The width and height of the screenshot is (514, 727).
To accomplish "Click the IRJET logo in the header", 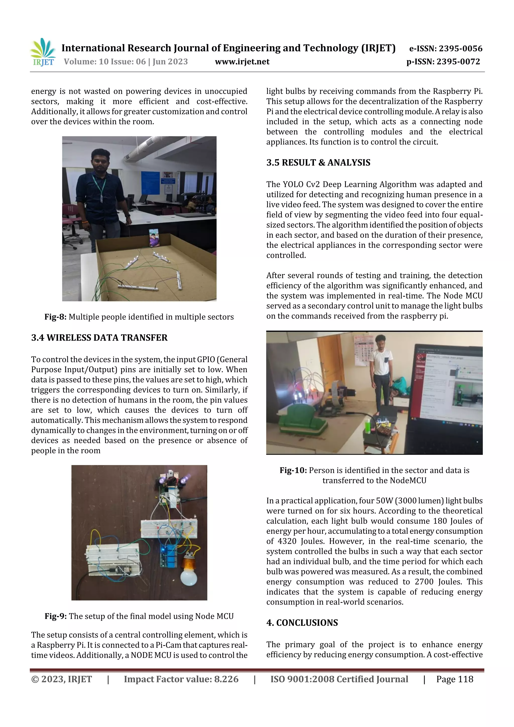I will (43, 52).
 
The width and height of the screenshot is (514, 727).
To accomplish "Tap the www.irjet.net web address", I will (242, 61).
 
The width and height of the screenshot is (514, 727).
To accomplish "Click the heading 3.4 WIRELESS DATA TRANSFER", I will (99, 338).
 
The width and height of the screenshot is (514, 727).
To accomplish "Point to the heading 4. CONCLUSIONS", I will (302, 623).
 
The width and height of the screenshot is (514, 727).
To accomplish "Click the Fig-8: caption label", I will (55, 317).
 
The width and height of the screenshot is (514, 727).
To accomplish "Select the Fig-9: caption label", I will (56, 616).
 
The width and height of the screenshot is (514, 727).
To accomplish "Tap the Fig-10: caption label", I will (293, 470).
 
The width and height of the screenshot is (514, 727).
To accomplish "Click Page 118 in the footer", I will (455, 679).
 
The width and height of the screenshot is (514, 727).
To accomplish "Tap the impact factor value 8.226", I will (226, 679).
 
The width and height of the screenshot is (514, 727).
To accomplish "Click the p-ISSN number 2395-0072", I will (458, 61).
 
